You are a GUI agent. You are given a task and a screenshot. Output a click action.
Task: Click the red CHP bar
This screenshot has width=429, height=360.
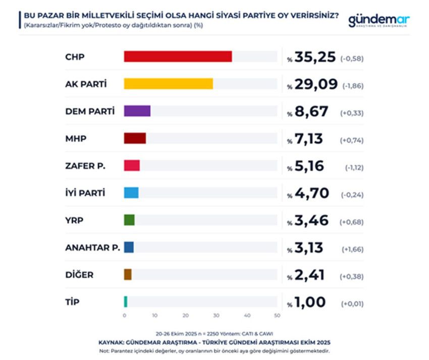(x=178, y=56)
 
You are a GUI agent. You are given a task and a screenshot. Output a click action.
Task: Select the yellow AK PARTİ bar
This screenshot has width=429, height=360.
(x=168, y=84)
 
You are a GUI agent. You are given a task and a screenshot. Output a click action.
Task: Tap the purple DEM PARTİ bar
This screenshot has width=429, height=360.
(x=137, y=111)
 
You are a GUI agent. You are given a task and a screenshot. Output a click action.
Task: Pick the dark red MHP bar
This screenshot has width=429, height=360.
(x=135, y=138)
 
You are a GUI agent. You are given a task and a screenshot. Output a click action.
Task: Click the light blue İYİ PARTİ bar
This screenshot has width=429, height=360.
(x=131, y=193)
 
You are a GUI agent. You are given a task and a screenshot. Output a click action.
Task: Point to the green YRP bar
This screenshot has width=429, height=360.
(x=129, y=220)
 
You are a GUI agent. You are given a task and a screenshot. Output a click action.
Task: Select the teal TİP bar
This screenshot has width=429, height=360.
(x=126, y=302)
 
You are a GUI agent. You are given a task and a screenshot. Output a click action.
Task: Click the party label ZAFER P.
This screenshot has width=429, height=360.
(x=85, y=166)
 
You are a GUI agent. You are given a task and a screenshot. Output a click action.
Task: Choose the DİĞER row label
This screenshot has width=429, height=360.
(x=79, y=275)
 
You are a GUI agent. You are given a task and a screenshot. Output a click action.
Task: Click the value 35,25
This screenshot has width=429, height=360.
(x=316, y=57)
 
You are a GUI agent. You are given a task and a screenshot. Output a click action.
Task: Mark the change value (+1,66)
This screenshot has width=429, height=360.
(x=353, y=249)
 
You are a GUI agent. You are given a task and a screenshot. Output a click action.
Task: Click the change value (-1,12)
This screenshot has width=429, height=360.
(x=353, y=167)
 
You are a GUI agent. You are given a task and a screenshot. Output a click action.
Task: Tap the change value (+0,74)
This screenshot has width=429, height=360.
(x=353, y=140)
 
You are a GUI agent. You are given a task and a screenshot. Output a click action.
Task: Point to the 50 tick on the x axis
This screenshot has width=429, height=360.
(x=277, y=316)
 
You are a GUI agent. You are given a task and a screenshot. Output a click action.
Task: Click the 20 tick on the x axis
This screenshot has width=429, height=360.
(x=186, y=316)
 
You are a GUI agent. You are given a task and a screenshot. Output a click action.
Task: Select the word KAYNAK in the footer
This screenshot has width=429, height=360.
(x=111, y=342)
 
